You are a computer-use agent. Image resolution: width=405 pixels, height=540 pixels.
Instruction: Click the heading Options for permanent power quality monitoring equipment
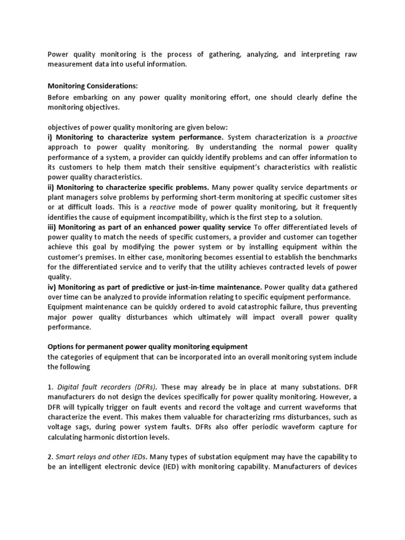[x=147, y=346]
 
